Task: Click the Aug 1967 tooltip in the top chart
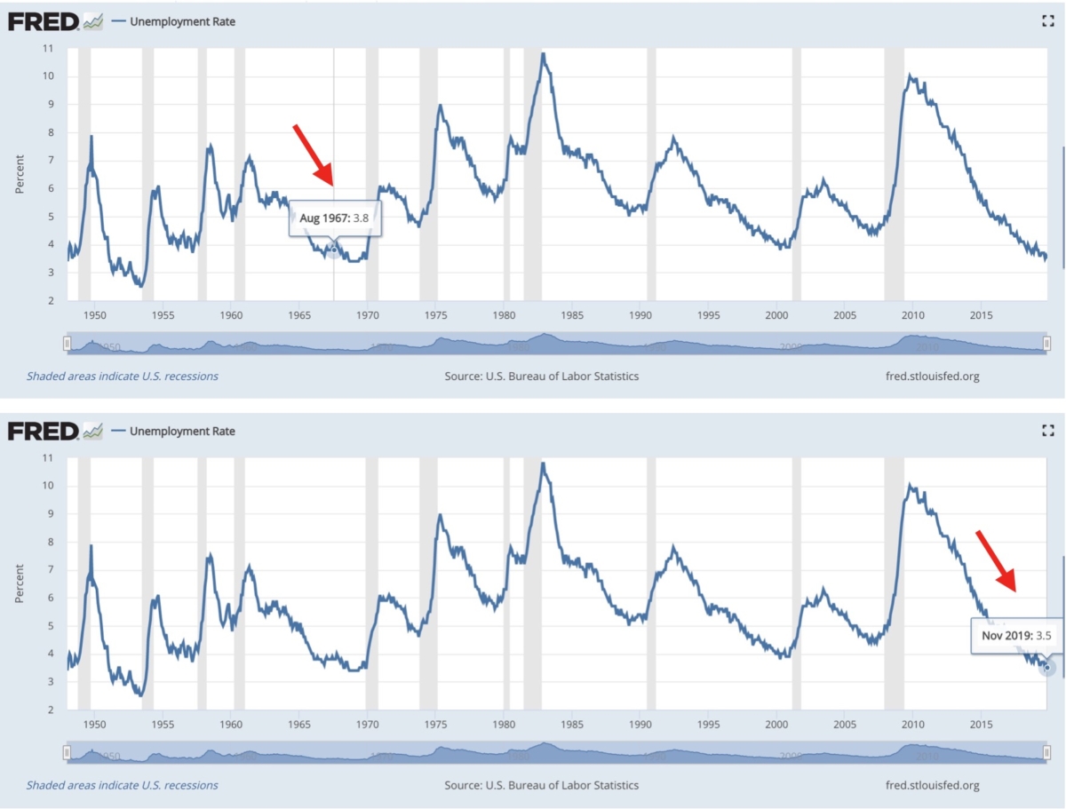[x=335, y=218]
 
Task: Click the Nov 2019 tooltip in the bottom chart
[x=1016, y=636]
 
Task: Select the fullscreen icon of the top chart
[x=1047, y=22]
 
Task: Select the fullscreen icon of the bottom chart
[x=1047, y=431]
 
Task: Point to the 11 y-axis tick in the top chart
[x=50, y=48]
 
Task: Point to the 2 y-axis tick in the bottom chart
[x=52, y=710]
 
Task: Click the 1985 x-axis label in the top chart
[x=572, y=315]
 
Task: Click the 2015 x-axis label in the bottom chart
[x=981, y=725]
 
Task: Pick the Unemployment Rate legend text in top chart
[x=182, y=22]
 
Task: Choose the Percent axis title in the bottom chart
[x=20, y=582]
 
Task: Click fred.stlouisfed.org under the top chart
[x=932, y=377]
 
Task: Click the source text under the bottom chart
[x=541, y=785]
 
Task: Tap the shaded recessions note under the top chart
[x=122, y=377]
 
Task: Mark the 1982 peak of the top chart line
[x=543, y=54]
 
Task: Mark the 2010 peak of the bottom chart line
[x=909, y=486]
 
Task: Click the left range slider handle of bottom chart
[x=67, y=753]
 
